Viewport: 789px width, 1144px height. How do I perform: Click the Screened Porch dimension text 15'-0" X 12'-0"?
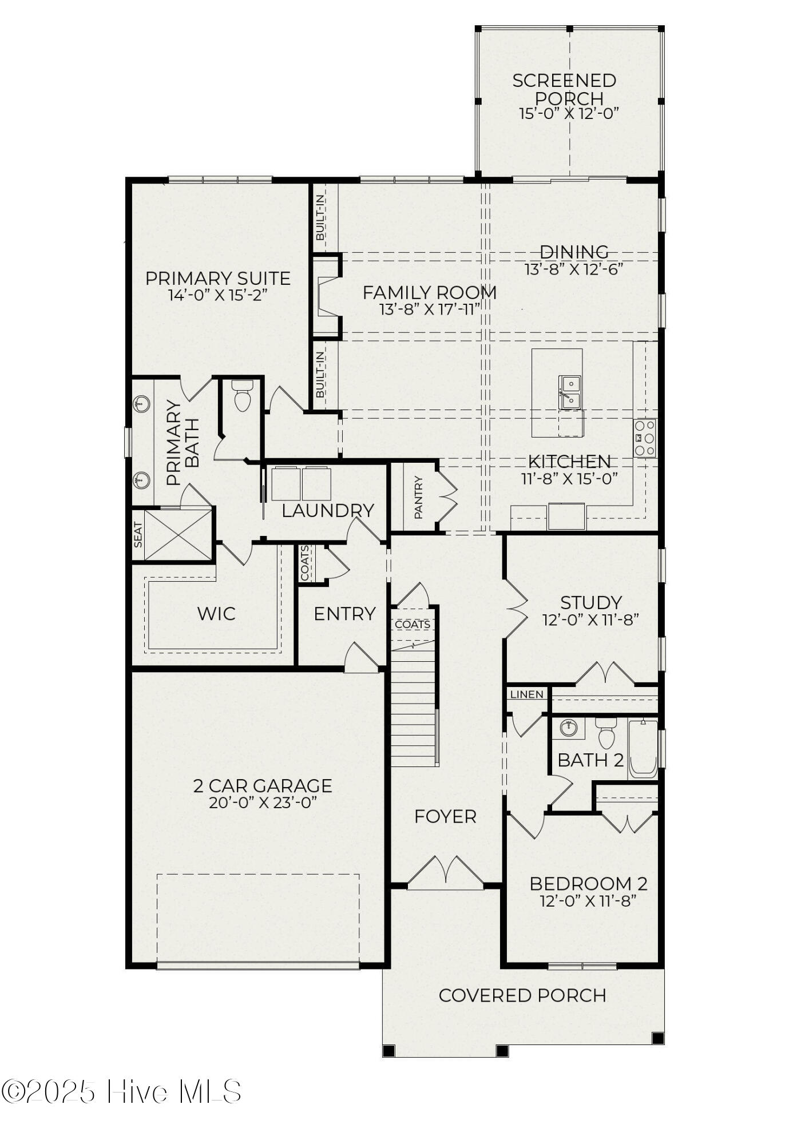pos(569,113)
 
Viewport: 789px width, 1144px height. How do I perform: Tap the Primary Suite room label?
pos(218,279)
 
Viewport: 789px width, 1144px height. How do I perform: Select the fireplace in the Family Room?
pos(327,296)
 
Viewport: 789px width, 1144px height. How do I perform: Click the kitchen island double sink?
pos(570,392)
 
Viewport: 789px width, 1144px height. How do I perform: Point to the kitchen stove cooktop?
pos(645,438)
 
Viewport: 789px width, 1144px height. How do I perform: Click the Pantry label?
pos(418,498)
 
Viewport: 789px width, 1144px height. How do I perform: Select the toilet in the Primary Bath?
pos(243,396)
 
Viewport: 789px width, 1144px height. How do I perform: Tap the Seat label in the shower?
pos(138,535)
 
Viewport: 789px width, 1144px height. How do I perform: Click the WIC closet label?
pos(216,614)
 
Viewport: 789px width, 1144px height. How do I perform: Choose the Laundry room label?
pos(328,510)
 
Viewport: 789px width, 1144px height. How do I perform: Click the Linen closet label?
pos(526,694)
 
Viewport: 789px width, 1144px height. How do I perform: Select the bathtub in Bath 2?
pos(643,749)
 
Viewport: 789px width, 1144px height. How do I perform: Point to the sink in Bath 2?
pos(568,728)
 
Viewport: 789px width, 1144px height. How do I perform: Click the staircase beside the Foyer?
pos(414,703)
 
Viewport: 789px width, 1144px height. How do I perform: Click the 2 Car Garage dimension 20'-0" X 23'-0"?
pos(263,803)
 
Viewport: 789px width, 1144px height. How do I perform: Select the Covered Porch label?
pos(522,996)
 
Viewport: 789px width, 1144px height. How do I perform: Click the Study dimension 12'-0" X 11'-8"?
pos(590,619)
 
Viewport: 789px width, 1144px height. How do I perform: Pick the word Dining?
pos(574,252)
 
